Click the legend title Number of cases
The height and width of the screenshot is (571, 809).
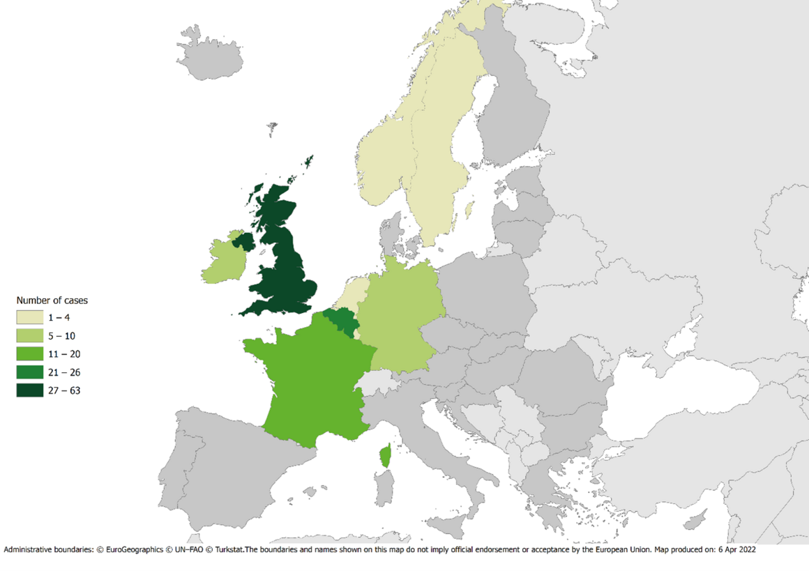(x=52, y=300)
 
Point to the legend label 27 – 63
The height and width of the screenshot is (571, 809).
(x=64, y=390)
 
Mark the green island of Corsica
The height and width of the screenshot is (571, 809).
(x=385, y=457)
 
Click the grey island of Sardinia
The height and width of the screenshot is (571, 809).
(x=382, y=489)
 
